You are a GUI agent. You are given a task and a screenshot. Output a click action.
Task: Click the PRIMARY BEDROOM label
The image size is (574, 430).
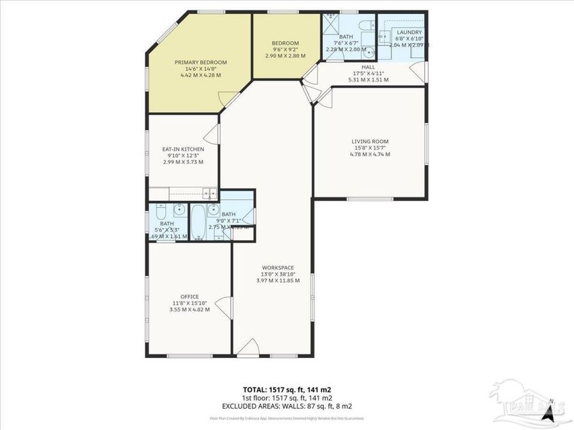tap(201, 62)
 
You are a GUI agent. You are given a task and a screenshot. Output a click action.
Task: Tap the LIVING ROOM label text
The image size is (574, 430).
tap(370, 141)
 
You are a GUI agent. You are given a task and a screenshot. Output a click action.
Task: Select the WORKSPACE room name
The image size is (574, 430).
tap(277, 268)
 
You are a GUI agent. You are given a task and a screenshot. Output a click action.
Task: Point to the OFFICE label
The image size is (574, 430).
tap(189, 296)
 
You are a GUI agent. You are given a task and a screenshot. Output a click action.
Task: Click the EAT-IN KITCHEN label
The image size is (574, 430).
tap(183, 149)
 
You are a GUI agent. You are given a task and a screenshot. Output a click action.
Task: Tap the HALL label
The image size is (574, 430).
tap(369, 67)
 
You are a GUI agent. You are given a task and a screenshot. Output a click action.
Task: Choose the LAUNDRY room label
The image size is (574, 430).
tap(409, 32)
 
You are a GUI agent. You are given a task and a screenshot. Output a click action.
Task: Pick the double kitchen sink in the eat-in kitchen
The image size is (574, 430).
tap(210, 192)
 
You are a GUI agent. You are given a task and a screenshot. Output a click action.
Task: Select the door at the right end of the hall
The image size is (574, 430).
tap(418, 75)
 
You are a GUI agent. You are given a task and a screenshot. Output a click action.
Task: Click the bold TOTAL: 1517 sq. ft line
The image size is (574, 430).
tap(286, 389)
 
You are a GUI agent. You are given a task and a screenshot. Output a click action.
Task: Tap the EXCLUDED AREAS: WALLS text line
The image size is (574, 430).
tap(286, 405)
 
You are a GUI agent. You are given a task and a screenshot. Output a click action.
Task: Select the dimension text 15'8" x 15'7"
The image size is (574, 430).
tap(370, 148)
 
